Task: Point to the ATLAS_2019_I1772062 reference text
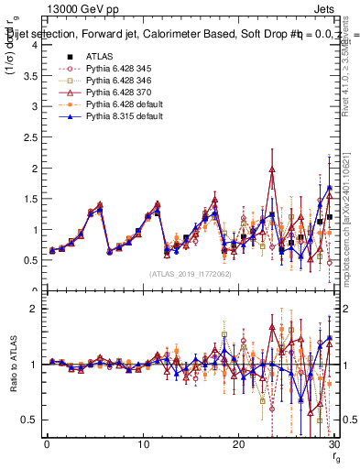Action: tap(190, 274)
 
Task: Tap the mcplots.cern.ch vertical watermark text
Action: tap(351, 202)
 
